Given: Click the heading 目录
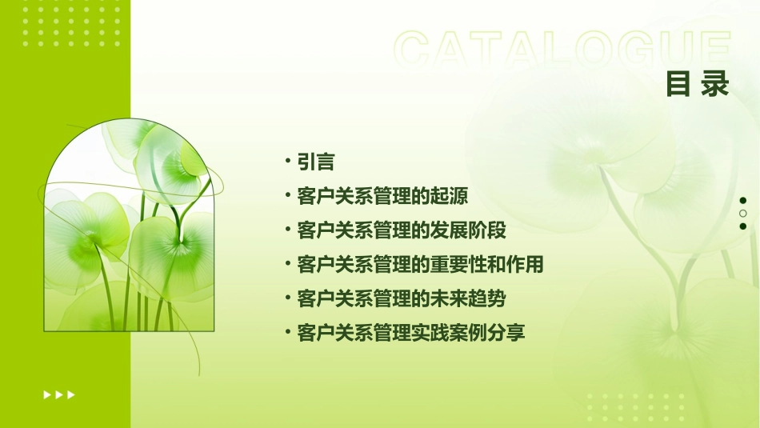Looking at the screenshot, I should point(698,84).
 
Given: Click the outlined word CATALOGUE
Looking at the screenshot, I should point(562,50).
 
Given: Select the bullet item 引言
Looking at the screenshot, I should point(315,162).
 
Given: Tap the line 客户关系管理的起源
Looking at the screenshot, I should point(382,196).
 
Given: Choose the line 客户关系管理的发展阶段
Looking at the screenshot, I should point(401,230).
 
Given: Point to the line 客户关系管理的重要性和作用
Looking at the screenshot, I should point(420,264).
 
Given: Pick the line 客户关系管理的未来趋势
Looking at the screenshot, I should point(401,298).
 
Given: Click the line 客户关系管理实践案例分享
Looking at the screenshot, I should point(410,333).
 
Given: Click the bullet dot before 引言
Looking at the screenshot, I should point(288,162).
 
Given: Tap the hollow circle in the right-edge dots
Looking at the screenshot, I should point(743,214).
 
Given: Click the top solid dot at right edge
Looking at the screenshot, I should point(743,200).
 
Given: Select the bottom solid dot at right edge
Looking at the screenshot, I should point(743,226).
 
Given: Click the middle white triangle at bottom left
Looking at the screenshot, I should point(59,394).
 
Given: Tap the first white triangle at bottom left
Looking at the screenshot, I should point(47,394).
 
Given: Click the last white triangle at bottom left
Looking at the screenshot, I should point(71,394).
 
